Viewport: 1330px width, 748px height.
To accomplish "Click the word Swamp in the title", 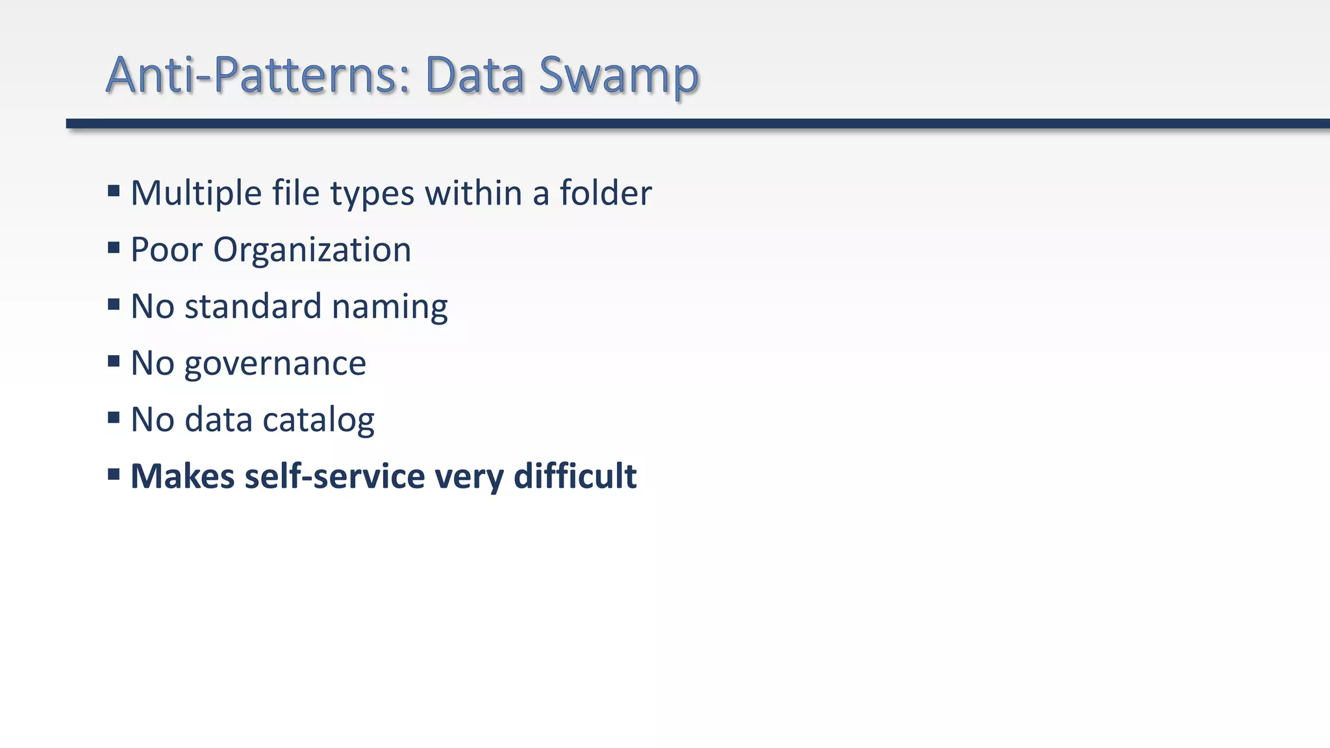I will click(x=618, y=75).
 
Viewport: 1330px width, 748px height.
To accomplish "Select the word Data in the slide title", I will click(x=475, y=75).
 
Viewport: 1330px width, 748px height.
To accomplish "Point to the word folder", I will click(x=605, y=193).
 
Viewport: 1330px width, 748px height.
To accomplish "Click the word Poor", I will click(x=166, y=250).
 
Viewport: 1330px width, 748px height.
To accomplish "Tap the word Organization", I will click(x=312, y=250).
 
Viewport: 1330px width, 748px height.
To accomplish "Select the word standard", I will click(x=253, y=306).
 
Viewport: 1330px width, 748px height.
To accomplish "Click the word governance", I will click(x=275, y=364).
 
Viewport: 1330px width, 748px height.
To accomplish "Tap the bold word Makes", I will click(x=182, y=477).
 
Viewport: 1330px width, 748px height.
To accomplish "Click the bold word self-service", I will click(x=334, y=477).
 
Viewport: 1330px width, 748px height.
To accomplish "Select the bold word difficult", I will click(x=575, y=477).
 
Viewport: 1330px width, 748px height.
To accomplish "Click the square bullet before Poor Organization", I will click(x=114, y=247).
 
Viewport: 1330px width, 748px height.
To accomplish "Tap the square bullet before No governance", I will click(x=114, y=361).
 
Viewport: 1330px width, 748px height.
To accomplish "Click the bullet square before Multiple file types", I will click(x=114, y=191).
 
